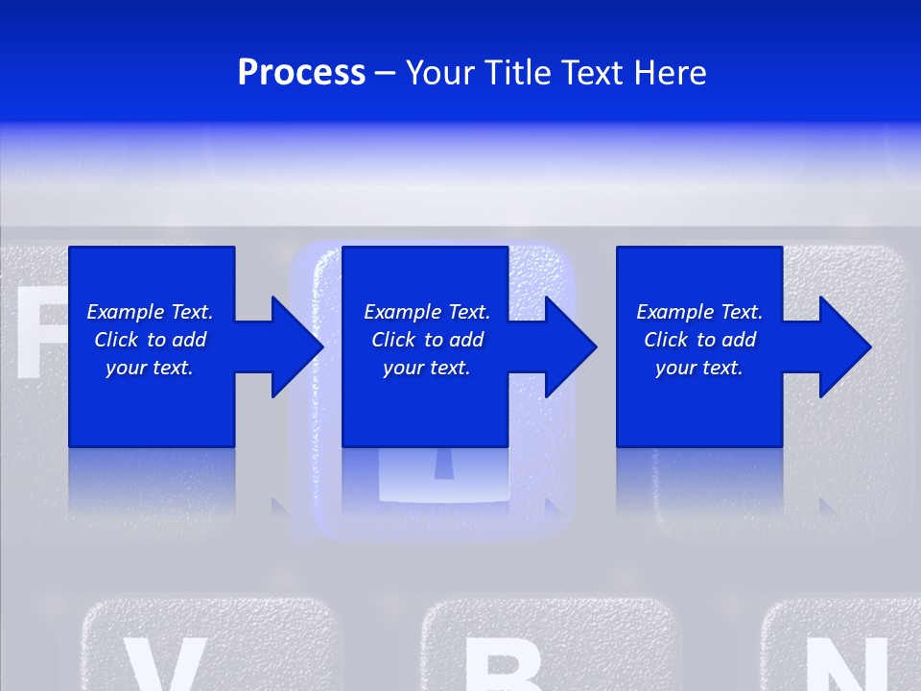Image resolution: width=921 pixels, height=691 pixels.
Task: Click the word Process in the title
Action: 301,73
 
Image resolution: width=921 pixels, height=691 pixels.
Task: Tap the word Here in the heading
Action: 669,73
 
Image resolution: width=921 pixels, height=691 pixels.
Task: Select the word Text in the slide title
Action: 594,73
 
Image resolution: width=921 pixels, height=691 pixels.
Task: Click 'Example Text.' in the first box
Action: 150,312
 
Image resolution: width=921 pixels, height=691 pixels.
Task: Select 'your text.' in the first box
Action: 150,368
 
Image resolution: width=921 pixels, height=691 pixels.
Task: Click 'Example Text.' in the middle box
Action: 427,312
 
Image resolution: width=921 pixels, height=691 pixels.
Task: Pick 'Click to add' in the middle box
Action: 427,340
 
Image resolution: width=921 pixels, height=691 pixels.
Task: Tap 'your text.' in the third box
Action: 699,368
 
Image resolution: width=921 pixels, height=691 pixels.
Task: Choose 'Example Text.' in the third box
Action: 699,312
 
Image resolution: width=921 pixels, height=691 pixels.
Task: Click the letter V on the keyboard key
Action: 163,667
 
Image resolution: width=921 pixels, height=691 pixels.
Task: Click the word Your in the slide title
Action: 439,73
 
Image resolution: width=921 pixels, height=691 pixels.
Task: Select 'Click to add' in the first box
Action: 150,340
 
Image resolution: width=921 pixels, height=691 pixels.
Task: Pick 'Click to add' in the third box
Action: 699,340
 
